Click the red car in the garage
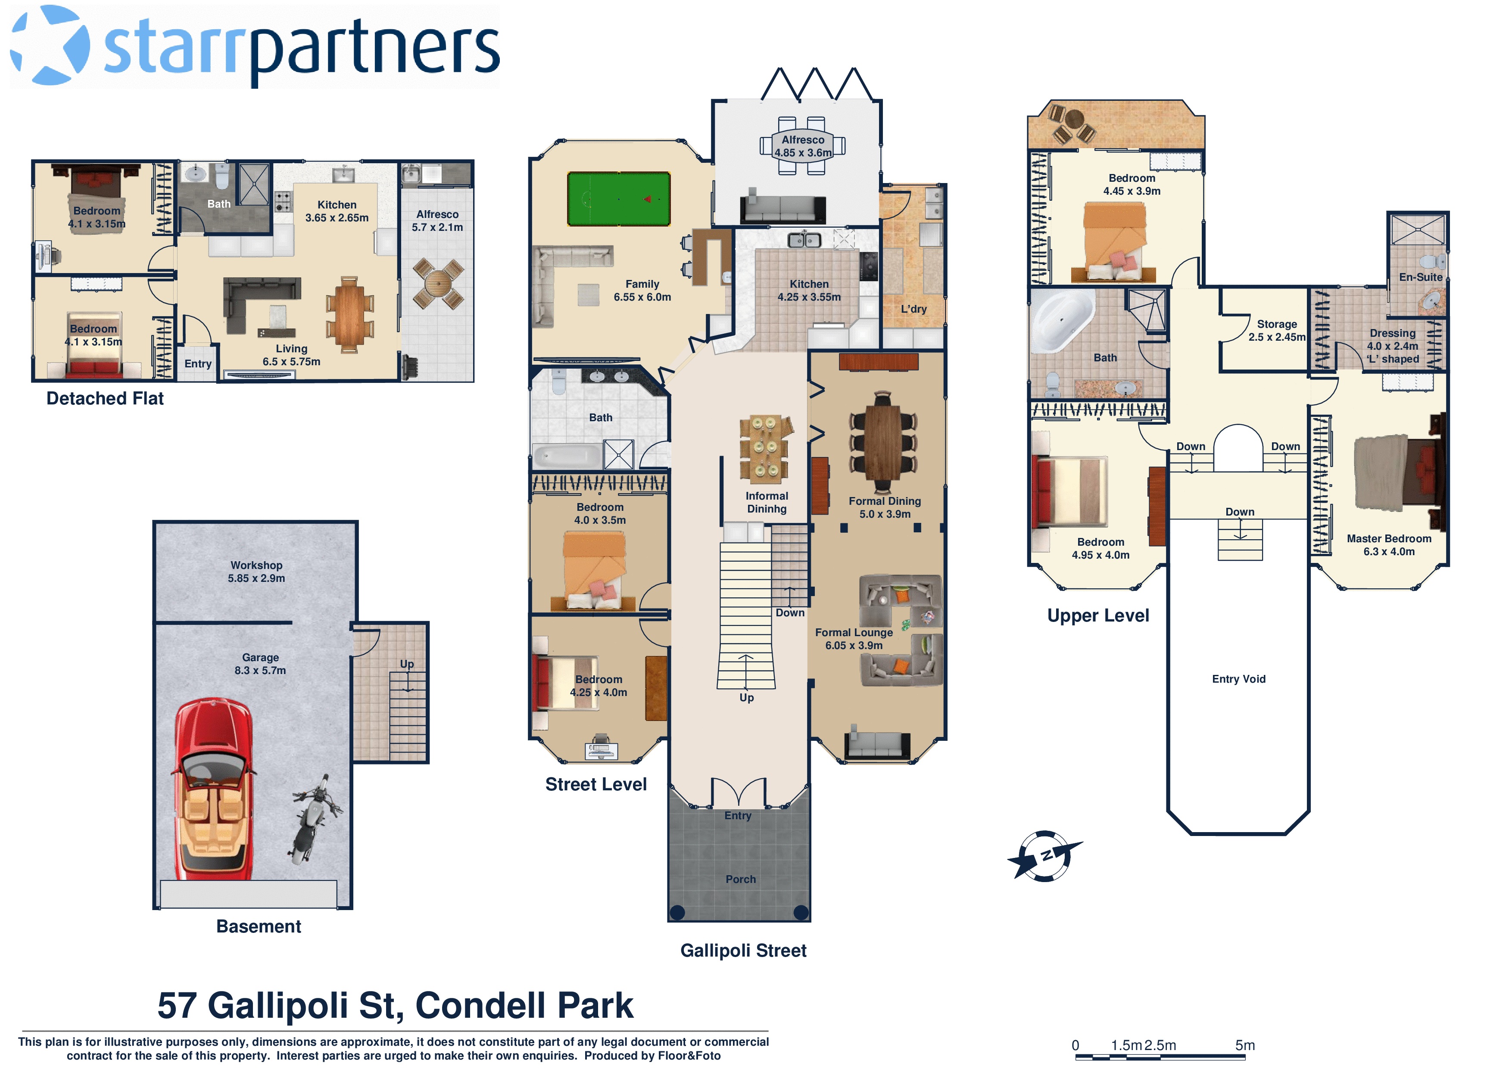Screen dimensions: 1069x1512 (213, 790)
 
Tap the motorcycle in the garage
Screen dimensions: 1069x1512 (313, 820)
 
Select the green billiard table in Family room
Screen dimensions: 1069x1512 (618, 199)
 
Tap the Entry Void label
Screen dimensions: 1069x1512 (1238, 679)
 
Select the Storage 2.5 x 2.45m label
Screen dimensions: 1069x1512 (1276, 330)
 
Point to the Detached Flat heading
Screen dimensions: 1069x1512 (105, 398)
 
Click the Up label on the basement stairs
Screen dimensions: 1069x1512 (407, 664)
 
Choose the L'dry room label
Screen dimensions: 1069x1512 (913, 309)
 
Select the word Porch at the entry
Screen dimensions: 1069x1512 (740, 879)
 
